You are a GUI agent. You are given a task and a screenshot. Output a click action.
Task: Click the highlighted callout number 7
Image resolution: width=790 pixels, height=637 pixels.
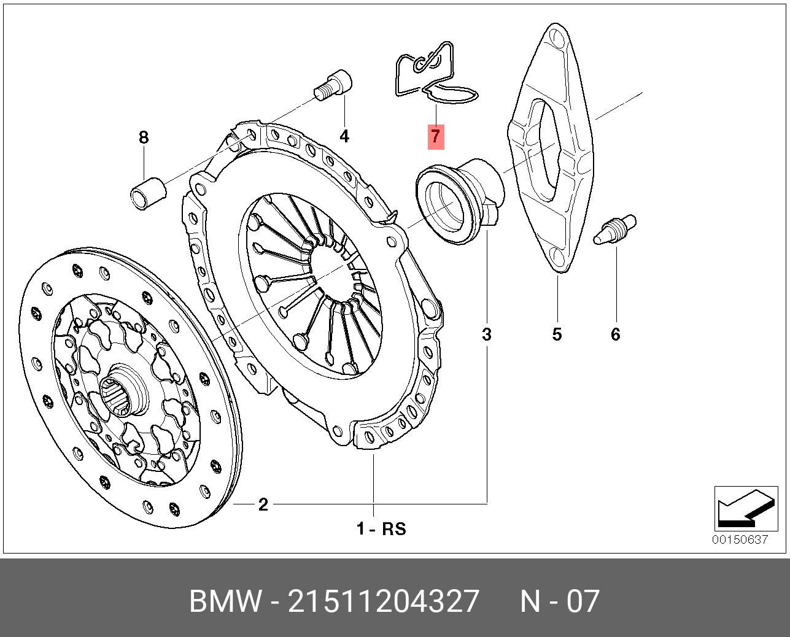435,136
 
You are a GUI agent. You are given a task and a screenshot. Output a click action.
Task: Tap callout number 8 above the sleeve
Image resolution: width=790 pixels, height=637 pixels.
144,137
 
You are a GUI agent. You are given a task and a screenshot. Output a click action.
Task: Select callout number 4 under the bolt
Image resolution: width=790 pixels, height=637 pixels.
344,136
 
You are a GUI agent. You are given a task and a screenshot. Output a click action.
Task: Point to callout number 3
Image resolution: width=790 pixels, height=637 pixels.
487,334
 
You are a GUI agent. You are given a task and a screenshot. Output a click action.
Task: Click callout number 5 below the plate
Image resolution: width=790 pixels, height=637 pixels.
557,334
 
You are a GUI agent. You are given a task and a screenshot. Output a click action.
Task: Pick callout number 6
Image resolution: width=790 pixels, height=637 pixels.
615,334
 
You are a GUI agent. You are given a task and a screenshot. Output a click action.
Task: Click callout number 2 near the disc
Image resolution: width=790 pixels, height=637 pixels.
263,505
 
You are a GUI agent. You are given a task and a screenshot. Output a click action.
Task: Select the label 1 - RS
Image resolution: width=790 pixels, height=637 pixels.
381,528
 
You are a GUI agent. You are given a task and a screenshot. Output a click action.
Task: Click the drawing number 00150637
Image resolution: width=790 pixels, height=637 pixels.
740,540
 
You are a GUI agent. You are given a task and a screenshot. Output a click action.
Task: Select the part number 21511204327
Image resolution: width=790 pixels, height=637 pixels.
383,601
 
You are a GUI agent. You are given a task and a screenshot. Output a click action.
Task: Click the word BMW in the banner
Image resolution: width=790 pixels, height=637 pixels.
225,601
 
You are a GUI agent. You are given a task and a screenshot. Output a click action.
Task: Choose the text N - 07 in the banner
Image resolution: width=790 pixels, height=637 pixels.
559,601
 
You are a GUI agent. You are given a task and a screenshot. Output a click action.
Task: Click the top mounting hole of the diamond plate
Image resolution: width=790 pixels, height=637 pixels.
557,38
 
